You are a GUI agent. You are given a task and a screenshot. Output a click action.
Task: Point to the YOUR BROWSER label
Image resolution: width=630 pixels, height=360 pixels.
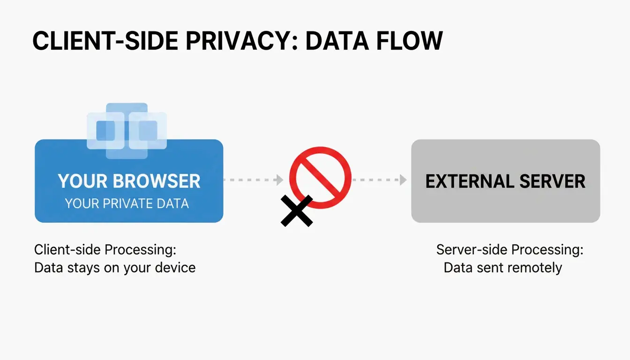click(129, 181)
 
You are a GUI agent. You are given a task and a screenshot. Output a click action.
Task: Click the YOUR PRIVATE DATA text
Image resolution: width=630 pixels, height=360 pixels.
click(127, 203)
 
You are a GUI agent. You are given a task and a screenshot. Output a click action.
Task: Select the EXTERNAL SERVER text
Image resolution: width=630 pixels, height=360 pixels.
click(505, 181)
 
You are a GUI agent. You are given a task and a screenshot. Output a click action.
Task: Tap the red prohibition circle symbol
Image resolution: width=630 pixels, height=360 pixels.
click(320, 178)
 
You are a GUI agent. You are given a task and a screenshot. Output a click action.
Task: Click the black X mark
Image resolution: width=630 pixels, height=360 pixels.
click(296, 211)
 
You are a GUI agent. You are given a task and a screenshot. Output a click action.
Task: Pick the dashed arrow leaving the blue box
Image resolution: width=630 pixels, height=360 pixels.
click(253, 180)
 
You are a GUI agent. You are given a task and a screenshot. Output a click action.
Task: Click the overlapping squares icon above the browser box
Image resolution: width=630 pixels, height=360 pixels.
click(127, 130)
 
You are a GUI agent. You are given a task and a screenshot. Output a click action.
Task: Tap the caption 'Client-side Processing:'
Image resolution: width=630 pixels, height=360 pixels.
click(105, 249)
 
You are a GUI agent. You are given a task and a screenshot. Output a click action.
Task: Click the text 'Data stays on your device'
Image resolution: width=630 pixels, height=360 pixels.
click(115, 268)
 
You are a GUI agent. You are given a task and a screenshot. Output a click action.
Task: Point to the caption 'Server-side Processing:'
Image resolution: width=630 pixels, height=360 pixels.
click(510, 249)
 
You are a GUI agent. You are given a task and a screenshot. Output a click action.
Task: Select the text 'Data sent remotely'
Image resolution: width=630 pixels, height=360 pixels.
click(502, 268)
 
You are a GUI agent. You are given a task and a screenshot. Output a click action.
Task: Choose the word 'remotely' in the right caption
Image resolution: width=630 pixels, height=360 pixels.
click(533, 268)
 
